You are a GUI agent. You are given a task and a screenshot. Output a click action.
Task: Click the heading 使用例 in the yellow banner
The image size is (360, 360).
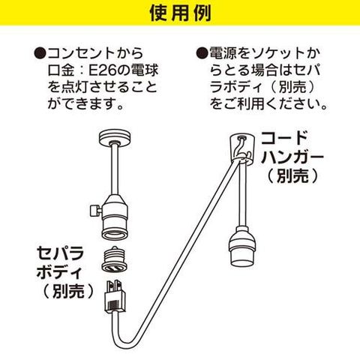coord(180,13)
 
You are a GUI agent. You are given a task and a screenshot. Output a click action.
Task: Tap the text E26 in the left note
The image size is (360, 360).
coord(103,70)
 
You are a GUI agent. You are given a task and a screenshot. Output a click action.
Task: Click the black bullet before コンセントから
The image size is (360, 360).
coord(40,54)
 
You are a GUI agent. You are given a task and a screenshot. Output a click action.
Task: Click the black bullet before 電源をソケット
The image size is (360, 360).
coord(202,53)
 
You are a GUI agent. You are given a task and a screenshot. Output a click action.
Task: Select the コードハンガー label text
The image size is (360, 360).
coord(292,148)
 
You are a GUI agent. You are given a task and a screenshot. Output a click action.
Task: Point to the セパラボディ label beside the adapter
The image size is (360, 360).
coord(60,262)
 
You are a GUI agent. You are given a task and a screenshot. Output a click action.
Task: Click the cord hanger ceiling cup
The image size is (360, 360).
coord(241,148)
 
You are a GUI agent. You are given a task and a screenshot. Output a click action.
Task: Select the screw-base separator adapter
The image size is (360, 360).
coord(115,259)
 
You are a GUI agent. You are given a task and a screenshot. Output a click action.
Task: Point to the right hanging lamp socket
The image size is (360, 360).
coord(242,247)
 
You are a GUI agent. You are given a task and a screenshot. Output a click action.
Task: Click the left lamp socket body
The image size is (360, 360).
coord(115,217)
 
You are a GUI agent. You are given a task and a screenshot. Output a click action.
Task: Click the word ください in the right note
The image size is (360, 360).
coord(295,103)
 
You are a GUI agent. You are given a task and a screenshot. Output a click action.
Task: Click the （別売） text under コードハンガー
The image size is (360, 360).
coord(292,176)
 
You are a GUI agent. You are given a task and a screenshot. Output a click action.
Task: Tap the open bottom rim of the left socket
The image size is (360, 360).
coord(115,234)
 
